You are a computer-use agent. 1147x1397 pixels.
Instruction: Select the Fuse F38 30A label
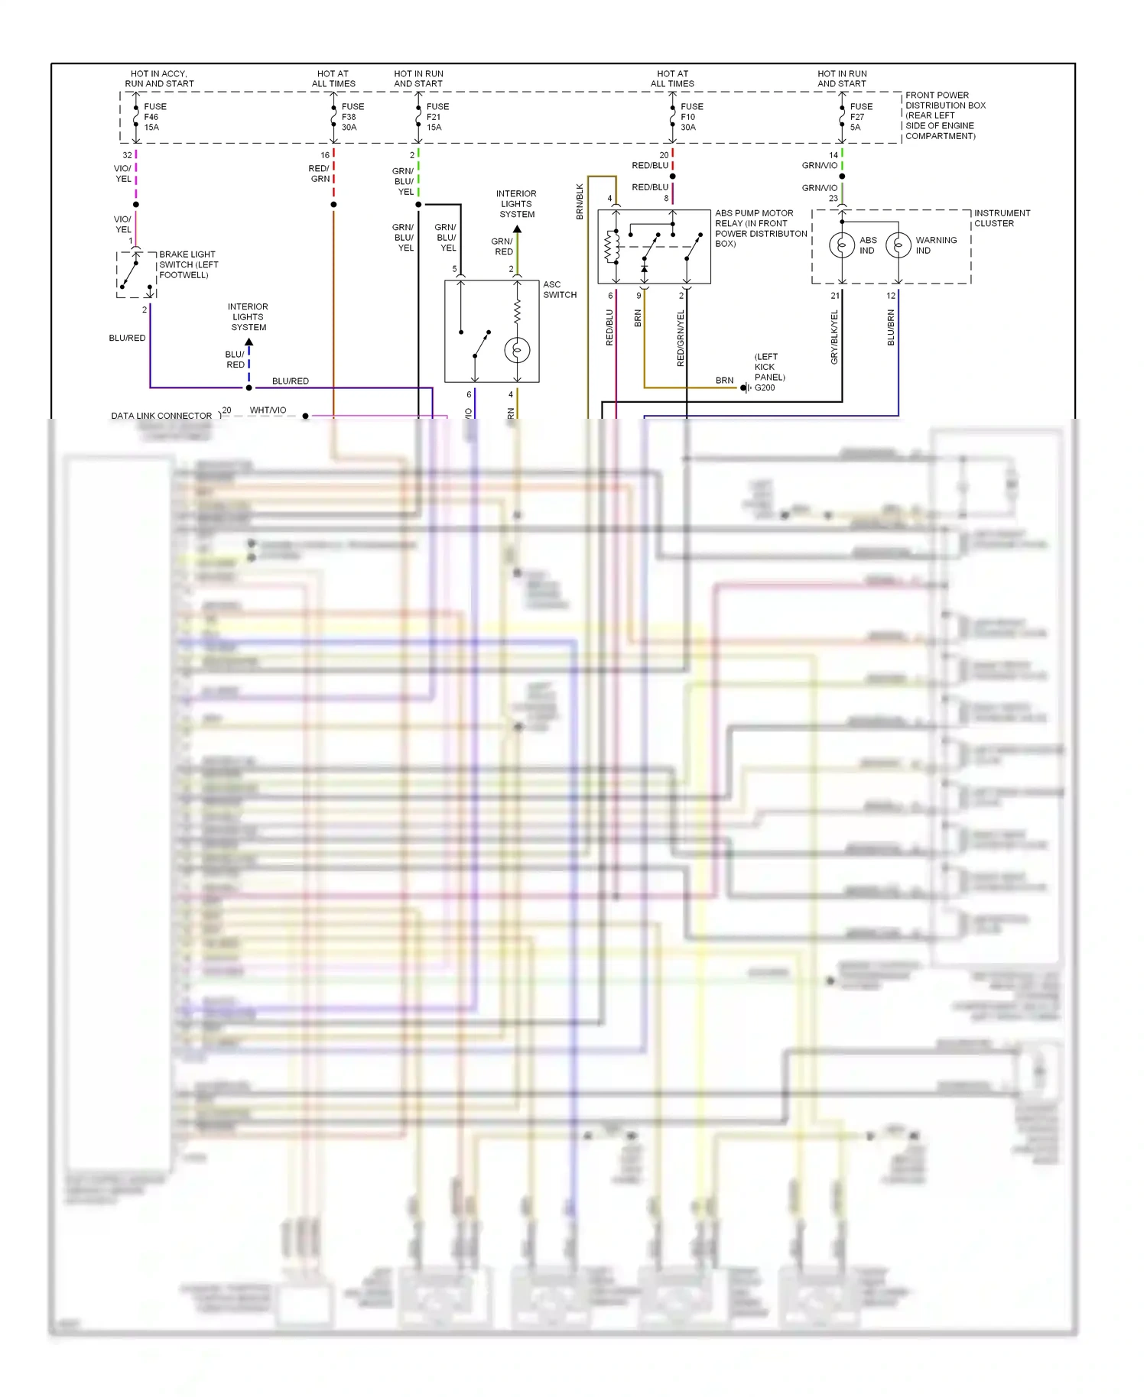pos(352,117)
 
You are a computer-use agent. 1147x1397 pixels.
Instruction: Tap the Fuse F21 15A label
pos(437,117)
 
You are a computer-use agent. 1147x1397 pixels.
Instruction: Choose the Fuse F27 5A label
pos(860,117)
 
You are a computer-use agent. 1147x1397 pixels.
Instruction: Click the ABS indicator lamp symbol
pos(842,245)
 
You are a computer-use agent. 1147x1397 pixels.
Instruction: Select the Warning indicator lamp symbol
pos(898,245)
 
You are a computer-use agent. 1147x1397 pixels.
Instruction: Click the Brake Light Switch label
pos(188,264)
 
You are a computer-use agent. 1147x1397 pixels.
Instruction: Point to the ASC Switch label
pos(560,290)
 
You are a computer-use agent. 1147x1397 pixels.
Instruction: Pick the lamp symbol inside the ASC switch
pos(517,350)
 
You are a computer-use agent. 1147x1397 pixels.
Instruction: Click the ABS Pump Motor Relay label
pos(760,228)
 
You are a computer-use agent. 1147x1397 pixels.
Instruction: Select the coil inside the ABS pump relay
pos(611,246)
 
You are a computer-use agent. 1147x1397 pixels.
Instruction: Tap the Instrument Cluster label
pos(1002,218)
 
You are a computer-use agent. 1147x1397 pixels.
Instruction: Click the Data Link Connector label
pos(161,416)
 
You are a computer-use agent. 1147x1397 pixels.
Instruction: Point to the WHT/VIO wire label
pos(268,410)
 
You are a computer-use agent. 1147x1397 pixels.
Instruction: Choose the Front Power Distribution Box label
pos(944,115)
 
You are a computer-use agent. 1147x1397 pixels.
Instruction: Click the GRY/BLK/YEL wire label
pos(834,337)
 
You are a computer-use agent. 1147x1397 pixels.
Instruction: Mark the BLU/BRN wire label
pos(891,327)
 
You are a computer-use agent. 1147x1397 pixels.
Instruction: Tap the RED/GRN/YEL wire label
pos(681,338)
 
